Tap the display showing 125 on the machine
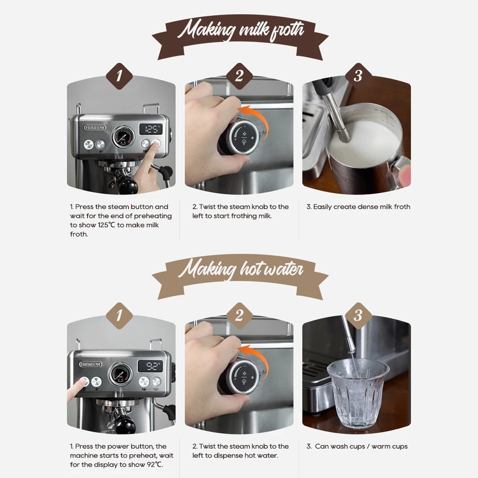[151, 129]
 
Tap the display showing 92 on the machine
[151, 366]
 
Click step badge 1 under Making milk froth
[119, 76]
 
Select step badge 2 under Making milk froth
[239, 76]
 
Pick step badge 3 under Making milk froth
[358, 76]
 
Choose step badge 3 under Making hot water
[358, 316]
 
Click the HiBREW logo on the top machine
[95, 128]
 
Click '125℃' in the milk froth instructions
[107, 225]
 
